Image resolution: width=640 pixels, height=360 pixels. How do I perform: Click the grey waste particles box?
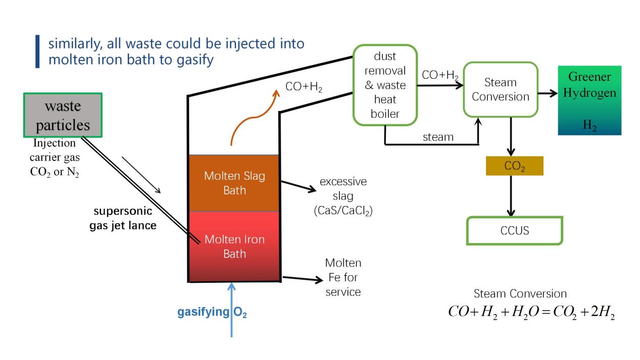click(63, 115)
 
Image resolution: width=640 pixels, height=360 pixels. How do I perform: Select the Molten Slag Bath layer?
click(234, 183)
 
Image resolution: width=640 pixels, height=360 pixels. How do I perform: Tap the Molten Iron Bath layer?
click(234, 246)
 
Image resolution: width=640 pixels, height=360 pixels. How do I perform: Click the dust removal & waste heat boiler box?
click(385, 85)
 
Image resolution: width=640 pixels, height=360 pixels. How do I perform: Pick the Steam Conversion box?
click(500, 89)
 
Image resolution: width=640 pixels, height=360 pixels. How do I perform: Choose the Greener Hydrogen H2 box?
click(589, 100)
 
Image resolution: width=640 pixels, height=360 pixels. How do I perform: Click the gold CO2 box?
click(514, 166)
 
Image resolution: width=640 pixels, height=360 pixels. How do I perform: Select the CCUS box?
click(514, 231)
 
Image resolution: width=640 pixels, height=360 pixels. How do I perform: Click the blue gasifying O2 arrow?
click(232, 323)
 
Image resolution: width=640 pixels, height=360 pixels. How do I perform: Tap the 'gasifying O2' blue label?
click(212, 312)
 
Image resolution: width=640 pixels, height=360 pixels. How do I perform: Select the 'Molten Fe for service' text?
click(343, 277)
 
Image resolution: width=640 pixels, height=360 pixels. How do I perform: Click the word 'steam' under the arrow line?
click(438, 137)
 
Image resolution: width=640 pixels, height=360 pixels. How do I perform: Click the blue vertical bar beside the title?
click(37, 51)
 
